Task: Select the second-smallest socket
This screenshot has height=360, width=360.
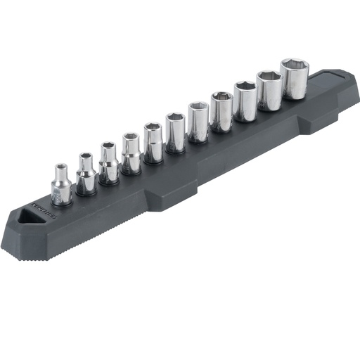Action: coord(86,175)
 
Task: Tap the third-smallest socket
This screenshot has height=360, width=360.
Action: coord(108,165)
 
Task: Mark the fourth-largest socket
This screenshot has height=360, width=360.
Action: coord(221,112)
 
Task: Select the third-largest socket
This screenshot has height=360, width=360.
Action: coord(245,102)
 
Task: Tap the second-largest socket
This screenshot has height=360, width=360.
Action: coord(269,91)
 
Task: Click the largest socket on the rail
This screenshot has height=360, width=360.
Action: coord(294,79)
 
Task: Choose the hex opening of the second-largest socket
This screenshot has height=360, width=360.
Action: coord(269,77)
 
